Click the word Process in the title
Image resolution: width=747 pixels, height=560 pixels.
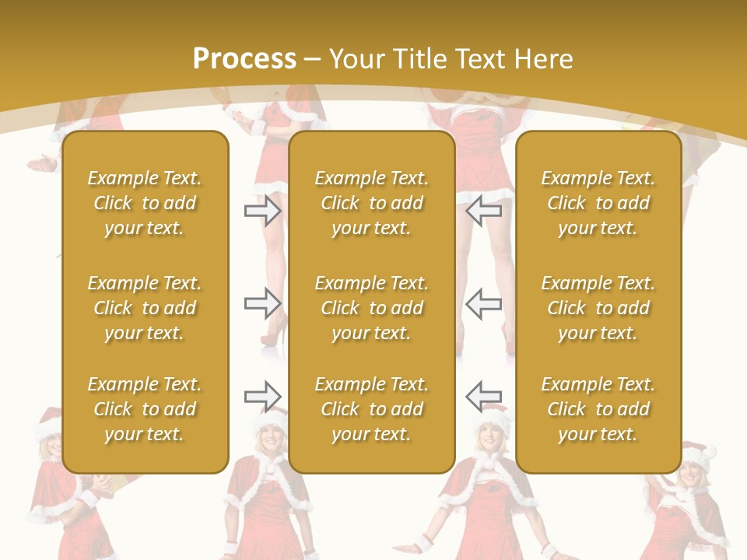(244, 59)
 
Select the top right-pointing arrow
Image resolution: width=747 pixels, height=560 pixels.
(263, 210)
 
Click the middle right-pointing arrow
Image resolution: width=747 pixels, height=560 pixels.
(263, 303)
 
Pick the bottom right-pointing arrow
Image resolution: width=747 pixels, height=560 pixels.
(263, 397)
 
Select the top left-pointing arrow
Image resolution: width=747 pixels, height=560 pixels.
(484, 210)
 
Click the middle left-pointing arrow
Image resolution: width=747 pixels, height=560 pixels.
(484, 303)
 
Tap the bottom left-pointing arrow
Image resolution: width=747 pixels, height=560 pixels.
(484, 397)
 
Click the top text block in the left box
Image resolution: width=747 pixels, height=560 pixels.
(145, 203)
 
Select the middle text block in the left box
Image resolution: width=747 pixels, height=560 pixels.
(145, 308)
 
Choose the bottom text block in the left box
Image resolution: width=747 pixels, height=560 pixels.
(145, 409)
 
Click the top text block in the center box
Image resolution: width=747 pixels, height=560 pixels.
(371, 203)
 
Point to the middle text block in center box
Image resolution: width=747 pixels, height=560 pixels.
(371, 308)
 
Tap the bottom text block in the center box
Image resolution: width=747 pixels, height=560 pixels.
(371, 409)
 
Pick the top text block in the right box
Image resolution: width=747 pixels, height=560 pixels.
(598, 203)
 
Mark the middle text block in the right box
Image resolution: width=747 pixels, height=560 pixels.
(598, 308)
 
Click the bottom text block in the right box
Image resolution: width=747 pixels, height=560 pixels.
(598, 409)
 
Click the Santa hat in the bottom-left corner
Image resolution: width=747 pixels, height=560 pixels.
(48, 421)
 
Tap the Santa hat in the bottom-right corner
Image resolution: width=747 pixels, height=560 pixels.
(698, 454)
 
